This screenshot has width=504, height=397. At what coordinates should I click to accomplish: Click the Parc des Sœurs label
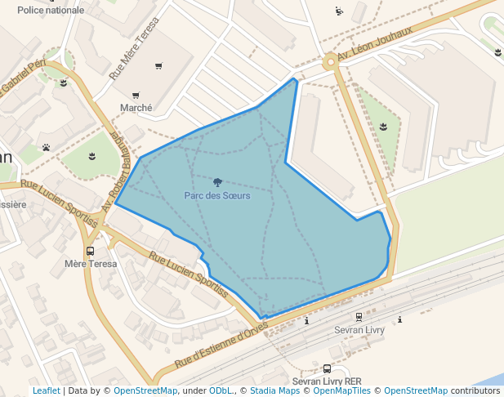point(217,196)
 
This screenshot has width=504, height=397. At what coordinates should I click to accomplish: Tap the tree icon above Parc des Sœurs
point(217,182)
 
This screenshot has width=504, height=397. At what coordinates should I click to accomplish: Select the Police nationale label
point(51,11)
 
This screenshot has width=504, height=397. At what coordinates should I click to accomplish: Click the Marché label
point(136,108)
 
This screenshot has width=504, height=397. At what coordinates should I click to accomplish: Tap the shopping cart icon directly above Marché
point(136,95)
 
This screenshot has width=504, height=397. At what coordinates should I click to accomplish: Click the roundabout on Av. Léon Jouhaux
point(330,61)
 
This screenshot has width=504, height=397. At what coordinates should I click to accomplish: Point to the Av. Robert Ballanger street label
point(119,167)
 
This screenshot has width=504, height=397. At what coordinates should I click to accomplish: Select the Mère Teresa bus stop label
point(91,264)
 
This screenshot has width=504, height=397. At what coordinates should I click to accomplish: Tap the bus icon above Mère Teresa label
point(90,251)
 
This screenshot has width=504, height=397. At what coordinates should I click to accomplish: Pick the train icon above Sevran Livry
point(359,317)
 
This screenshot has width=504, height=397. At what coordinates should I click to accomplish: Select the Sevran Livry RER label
point(327,381)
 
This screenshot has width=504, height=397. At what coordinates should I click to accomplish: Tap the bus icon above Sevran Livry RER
point(327,369)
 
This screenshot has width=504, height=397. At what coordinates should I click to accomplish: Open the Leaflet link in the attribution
point(46,391)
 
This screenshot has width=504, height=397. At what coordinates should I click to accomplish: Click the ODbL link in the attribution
point(221,391)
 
